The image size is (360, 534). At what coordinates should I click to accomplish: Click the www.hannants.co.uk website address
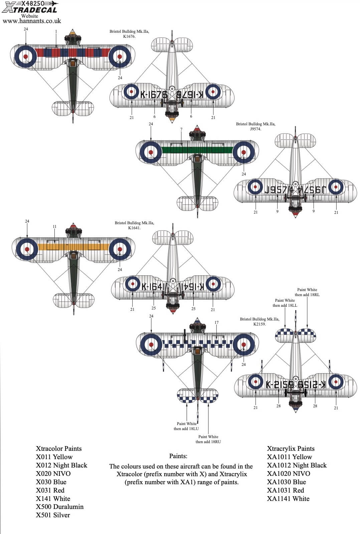[32, 21]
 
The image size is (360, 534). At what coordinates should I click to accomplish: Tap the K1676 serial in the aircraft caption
[129, 36]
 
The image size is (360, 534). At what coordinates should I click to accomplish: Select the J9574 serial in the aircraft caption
[255, 129]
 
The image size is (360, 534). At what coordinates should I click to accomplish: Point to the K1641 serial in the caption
[134, 228]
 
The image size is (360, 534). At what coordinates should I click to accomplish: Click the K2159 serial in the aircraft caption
[259, 324]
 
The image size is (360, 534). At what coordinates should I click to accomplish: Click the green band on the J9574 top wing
[197, 150]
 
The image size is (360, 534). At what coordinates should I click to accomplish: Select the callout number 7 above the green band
[181, 129]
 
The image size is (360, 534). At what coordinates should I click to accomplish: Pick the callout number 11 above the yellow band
[54, 227]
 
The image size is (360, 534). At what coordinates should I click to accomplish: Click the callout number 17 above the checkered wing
[216, 322]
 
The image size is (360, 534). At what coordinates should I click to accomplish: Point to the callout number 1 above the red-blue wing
[56, 31]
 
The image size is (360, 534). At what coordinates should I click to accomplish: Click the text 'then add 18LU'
[186, 429]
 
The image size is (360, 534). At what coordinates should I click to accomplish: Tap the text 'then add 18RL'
[307, 295]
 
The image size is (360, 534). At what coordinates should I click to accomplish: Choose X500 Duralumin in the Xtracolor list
[60, 507]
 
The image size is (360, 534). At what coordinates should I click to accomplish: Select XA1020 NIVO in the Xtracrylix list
[288, 474]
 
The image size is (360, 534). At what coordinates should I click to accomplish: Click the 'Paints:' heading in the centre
[178, 456]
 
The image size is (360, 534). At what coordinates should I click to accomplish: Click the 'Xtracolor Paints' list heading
[59, 448]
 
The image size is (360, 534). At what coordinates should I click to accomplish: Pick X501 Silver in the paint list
[53, 515]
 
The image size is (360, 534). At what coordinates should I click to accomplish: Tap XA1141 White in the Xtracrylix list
[288, 499]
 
